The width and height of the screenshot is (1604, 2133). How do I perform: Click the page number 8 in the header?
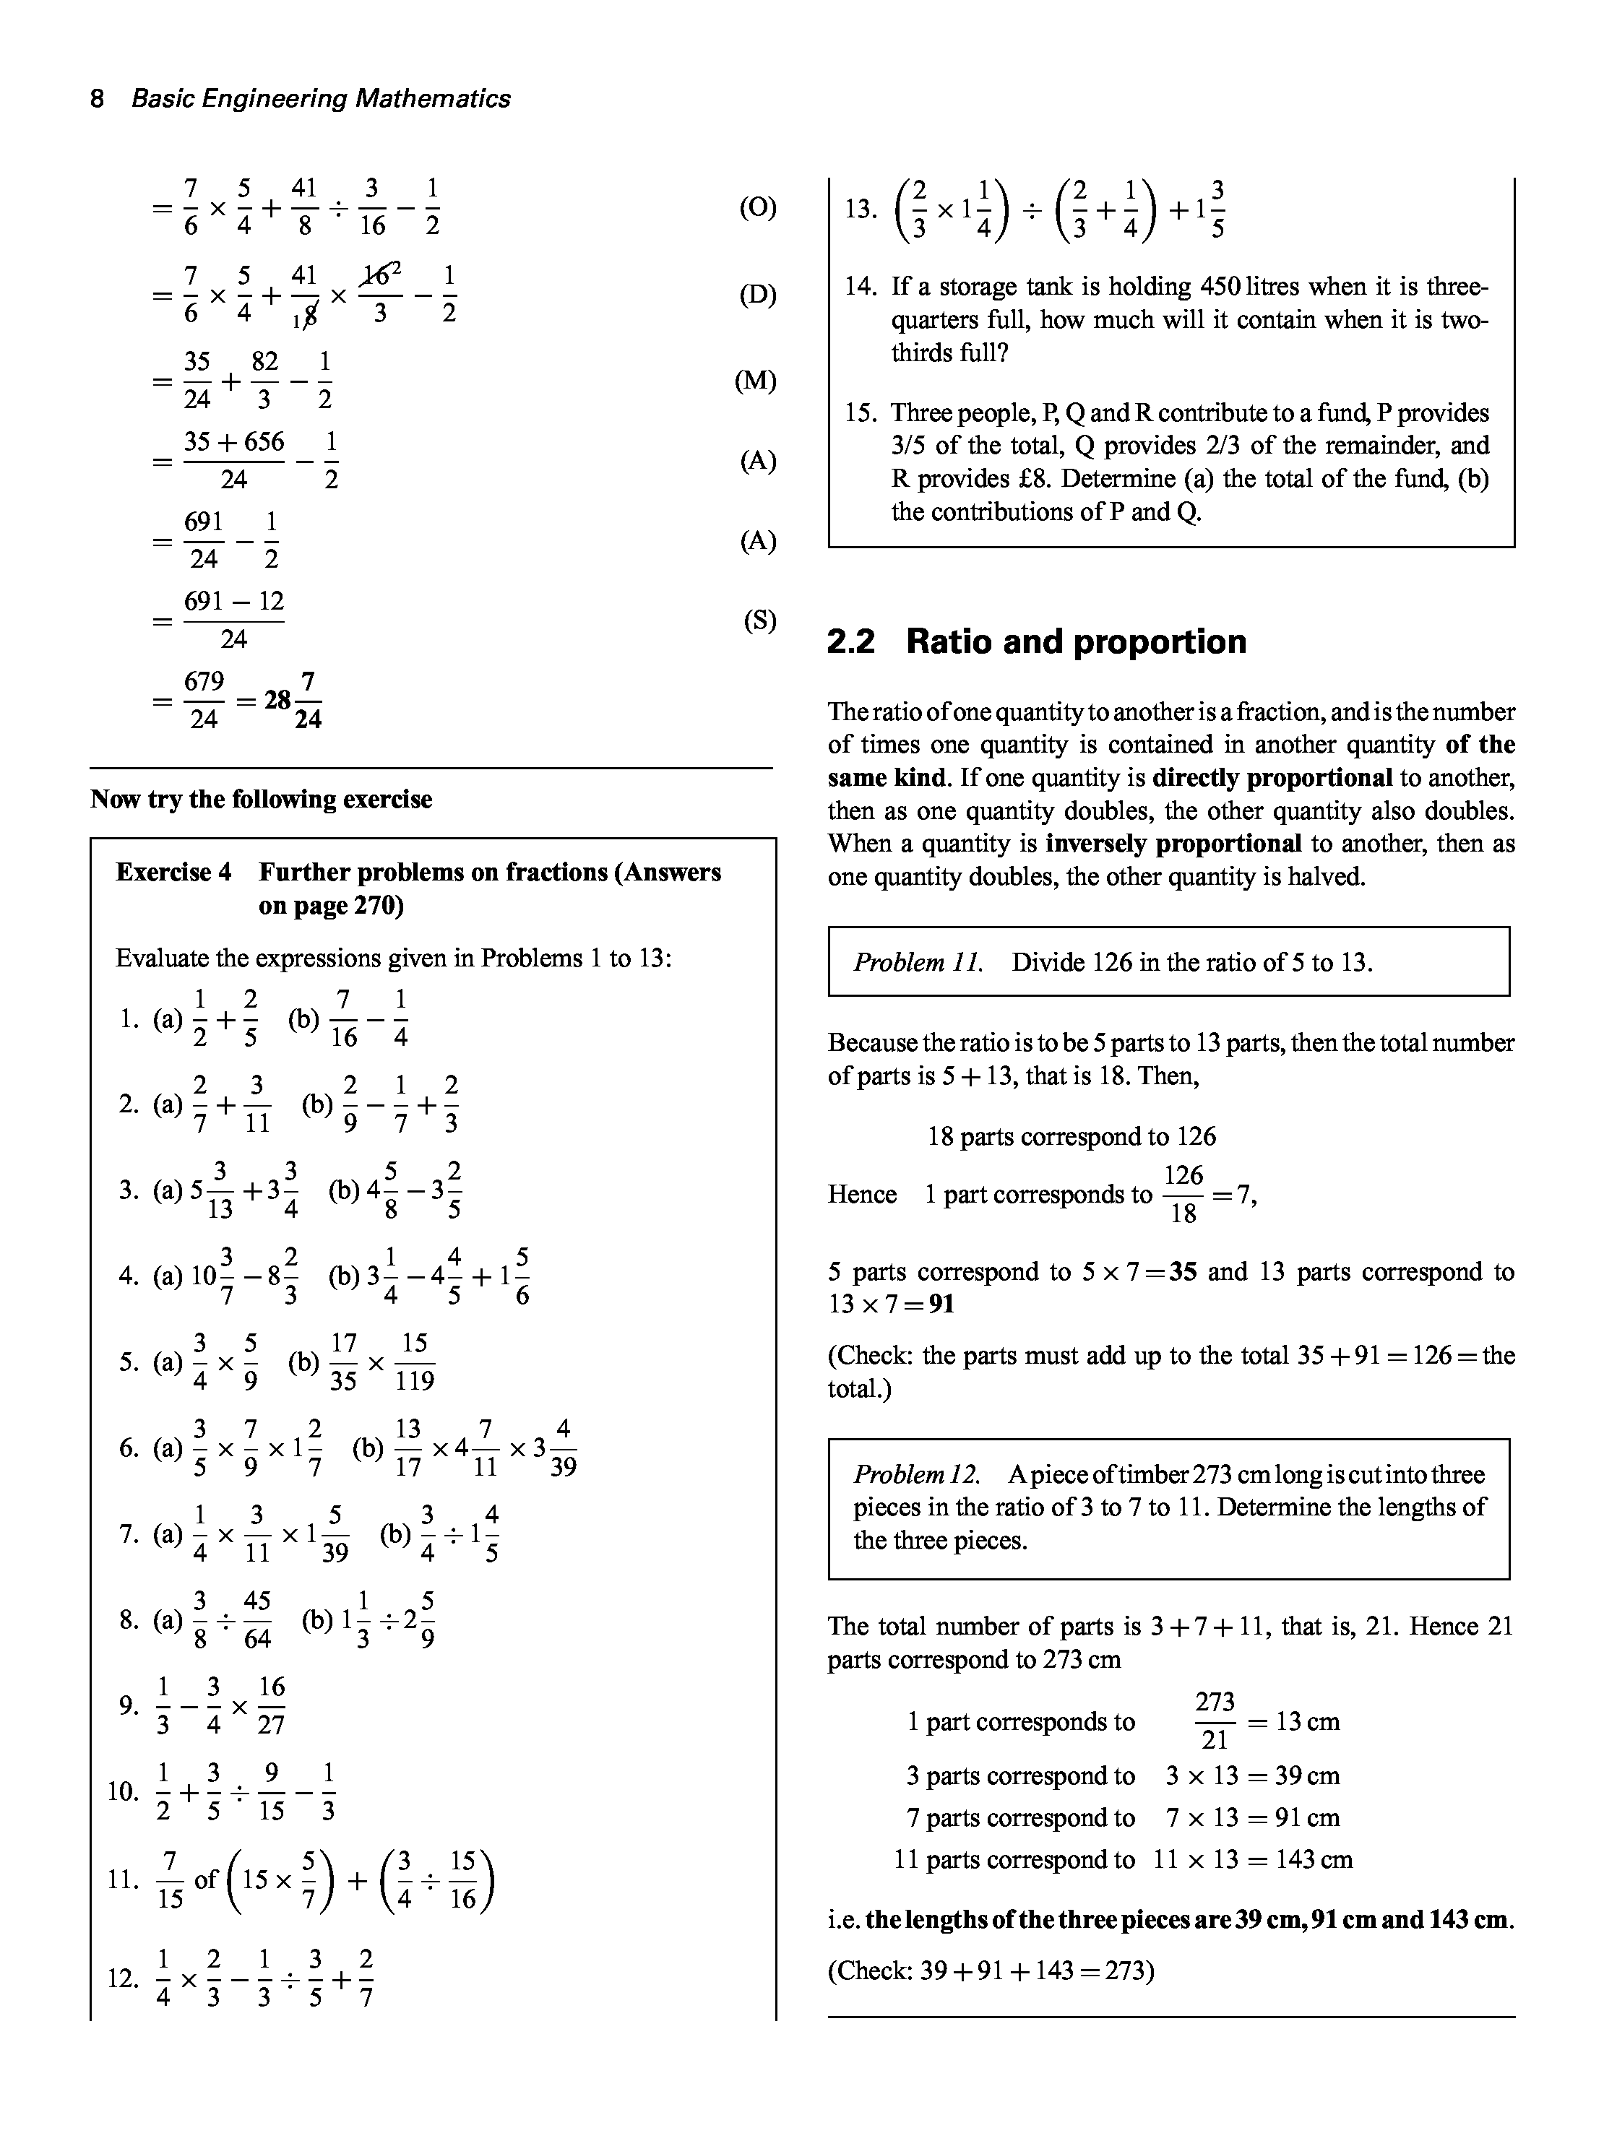point(96,98)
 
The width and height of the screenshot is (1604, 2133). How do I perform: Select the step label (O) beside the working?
point(758,207)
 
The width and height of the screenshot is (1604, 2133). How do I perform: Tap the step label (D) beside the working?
point(758,294)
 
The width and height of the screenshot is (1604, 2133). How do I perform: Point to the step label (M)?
point(755,381)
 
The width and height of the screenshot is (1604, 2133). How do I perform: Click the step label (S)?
point(759,621)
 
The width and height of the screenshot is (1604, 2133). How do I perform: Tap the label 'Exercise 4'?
point(173,873)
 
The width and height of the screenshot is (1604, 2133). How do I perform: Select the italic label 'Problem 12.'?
point(916,1474)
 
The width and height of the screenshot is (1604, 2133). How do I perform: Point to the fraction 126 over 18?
point(1183,1195)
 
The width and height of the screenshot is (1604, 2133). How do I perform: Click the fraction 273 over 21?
point(1215,1721)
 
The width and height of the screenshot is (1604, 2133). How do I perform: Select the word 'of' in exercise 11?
point(207,1879)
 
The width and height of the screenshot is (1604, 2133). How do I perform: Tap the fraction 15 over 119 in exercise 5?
point(415,1362)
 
